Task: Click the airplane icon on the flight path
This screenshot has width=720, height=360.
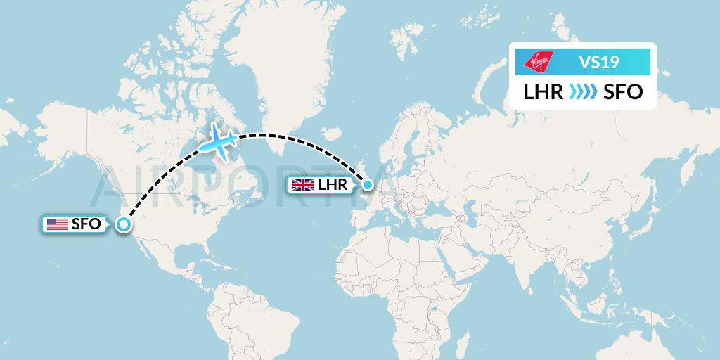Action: pos(220,143)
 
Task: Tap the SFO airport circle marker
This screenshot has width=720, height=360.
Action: pos(124,224)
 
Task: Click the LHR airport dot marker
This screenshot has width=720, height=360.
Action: pos(367,186)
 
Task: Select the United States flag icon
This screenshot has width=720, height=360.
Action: pos(57,224)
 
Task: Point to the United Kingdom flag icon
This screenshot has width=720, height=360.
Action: pos(303,186)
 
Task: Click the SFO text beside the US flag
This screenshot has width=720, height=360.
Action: pos(85,224)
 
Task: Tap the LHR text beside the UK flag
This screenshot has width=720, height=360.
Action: pos(333,186)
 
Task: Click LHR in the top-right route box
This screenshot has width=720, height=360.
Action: pos(543,91)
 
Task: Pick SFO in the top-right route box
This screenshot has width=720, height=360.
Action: pos(623,91)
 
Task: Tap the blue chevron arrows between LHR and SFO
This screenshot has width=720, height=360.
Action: pos(583,91)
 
